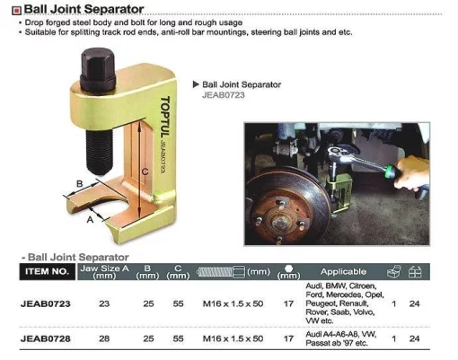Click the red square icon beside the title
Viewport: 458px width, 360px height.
coord(16,11)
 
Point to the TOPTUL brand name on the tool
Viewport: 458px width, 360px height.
coord(165,117)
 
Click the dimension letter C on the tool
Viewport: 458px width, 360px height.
coord(145,171)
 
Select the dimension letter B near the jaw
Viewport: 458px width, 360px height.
coord(80,183)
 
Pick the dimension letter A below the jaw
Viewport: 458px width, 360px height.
coord(90,220)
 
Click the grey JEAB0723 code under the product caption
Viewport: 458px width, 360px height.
coord(224,95)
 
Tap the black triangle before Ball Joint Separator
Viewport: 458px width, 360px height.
coord(196,84)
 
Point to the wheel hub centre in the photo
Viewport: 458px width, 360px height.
coord(280,222)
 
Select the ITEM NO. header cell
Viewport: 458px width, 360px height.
coord(48,271)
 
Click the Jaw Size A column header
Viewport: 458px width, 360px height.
coord(104,272)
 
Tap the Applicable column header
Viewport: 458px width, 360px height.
coord(343,271)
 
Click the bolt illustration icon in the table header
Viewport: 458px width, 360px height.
coord(221,272)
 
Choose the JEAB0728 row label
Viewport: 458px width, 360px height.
coord(46,338)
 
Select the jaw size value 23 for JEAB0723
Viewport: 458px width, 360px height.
coord(104,303)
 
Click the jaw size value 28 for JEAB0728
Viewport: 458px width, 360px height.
coord(104,338)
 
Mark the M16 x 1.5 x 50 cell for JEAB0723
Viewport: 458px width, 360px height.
coord(233,303)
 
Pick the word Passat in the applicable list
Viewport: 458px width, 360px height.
coord(316,343)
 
